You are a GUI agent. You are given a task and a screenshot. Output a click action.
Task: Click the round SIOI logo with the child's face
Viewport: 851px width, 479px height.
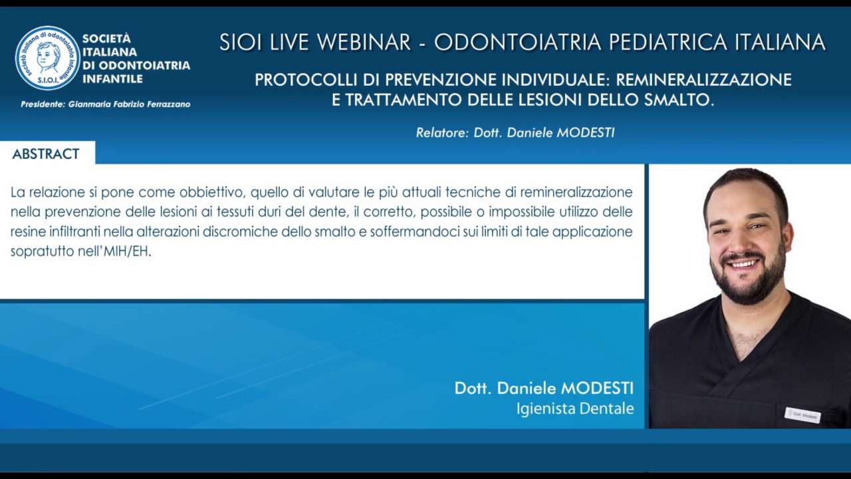point(48,58)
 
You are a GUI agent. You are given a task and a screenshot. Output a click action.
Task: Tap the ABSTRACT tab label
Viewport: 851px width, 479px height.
point(46,154)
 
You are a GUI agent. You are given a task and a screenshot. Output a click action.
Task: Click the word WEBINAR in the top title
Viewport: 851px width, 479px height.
point(364,42)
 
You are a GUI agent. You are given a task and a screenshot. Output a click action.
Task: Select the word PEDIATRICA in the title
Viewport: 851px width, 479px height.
point(668,42)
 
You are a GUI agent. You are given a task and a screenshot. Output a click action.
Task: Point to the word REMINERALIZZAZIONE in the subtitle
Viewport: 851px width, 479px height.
point(703,80)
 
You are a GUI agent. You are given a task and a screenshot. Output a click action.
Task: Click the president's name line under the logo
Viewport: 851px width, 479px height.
point(106,104)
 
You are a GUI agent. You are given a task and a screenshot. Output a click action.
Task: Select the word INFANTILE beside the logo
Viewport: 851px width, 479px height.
point(112,79)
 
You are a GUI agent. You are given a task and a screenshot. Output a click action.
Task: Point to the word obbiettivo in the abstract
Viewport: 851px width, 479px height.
point(212,192)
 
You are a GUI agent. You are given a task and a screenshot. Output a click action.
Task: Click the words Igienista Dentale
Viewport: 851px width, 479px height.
point(575,408)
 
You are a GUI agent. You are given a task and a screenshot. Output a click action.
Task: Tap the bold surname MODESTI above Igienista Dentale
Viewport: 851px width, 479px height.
point(597,388)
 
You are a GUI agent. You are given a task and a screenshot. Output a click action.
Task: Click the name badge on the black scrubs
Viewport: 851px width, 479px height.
point(802,416)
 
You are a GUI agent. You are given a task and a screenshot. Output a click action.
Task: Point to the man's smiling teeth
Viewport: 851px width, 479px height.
point(743,263)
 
